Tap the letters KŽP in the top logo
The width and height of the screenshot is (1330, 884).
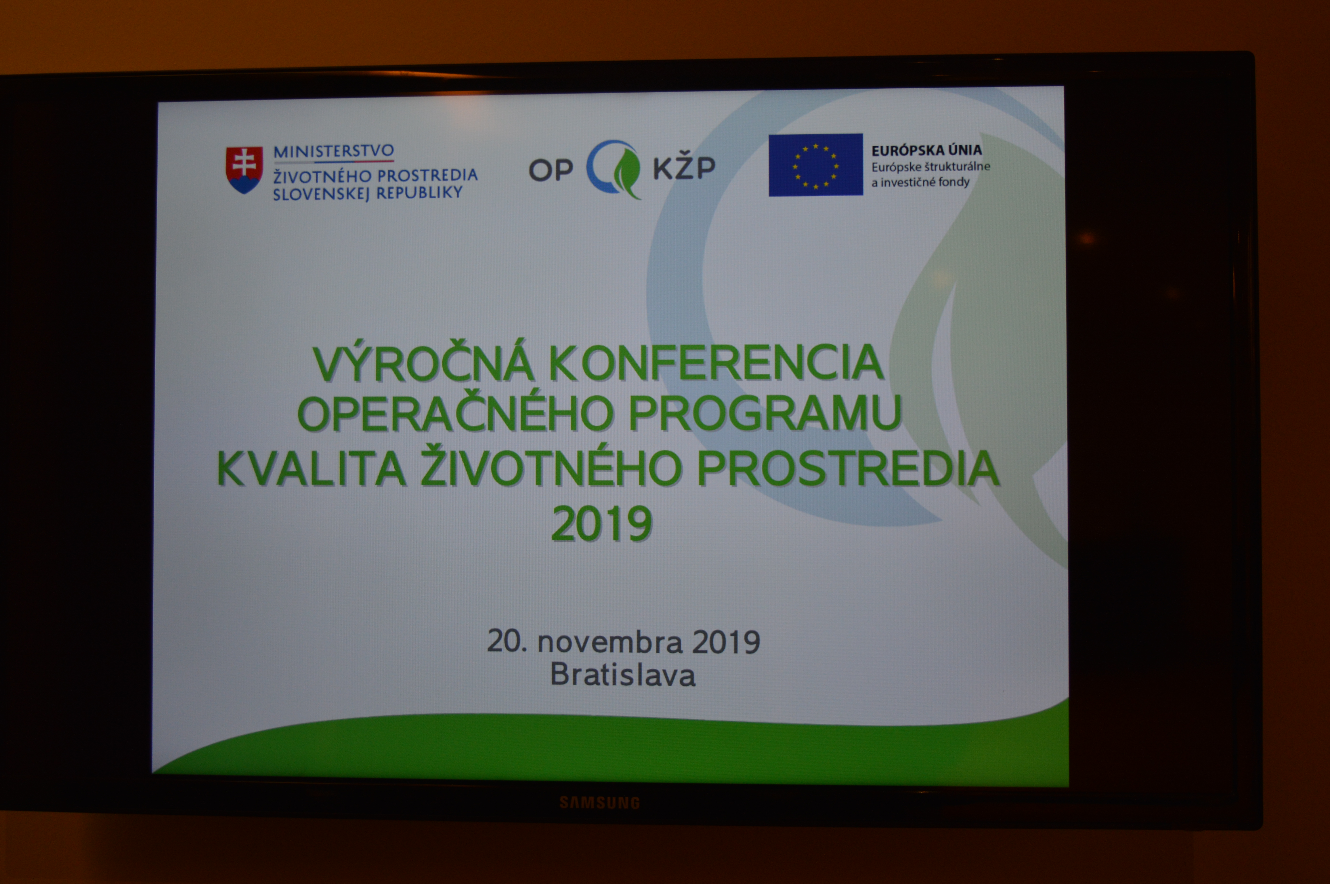coord(684,167)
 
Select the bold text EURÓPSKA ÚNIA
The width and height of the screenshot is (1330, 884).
coord(926,150)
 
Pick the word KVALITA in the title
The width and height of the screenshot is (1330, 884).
coord(311,467)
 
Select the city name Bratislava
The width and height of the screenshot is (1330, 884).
coord(622,675)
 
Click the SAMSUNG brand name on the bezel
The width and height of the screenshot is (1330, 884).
coord(599,803)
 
